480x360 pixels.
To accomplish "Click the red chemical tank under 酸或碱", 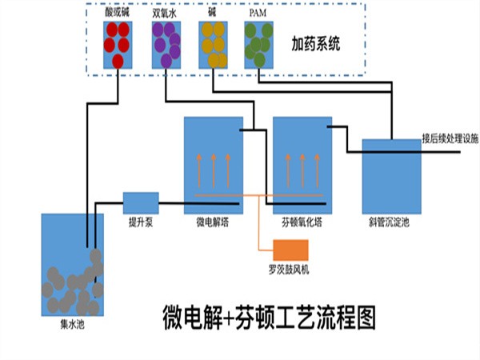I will point(117,45).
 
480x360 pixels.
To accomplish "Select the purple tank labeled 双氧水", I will point(164,45).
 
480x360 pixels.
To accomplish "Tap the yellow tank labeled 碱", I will point(212,45).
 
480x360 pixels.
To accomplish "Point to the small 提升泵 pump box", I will point(140,202).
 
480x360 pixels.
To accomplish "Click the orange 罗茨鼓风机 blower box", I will point(290,250).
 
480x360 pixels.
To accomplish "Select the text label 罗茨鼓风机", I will point(289,271).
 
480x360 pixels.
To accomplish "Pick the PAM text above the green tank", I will point(258,13).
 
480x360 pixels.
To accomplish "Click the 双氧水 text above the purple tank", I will point(164,13).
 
